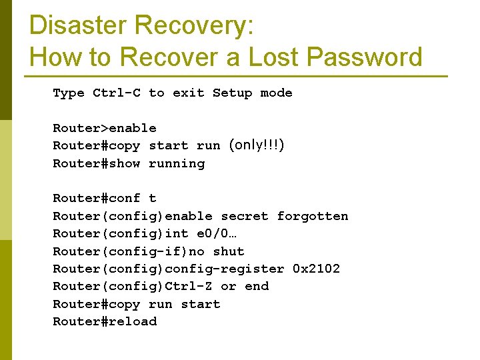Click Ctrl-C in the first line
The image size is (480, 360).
pos(117,93)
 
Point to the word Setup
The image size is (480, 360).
pos(232,93)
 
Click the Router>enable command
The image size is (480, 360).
pos(105,128)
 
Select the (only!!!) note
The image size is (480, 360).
pos(257,145)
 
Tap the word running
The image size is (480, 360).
pos(177,163)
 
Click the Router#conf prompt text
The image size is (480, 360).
pos(97,198)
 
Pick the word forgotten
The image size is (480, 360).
pos(313,216)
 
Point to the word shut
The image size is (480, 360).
pos(229,251)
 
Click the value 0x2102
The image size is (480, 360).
pos(317,269)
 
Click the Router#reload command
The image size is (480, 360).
pos(105,321)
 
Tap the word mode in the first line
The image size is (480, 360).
pos(277,93)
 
